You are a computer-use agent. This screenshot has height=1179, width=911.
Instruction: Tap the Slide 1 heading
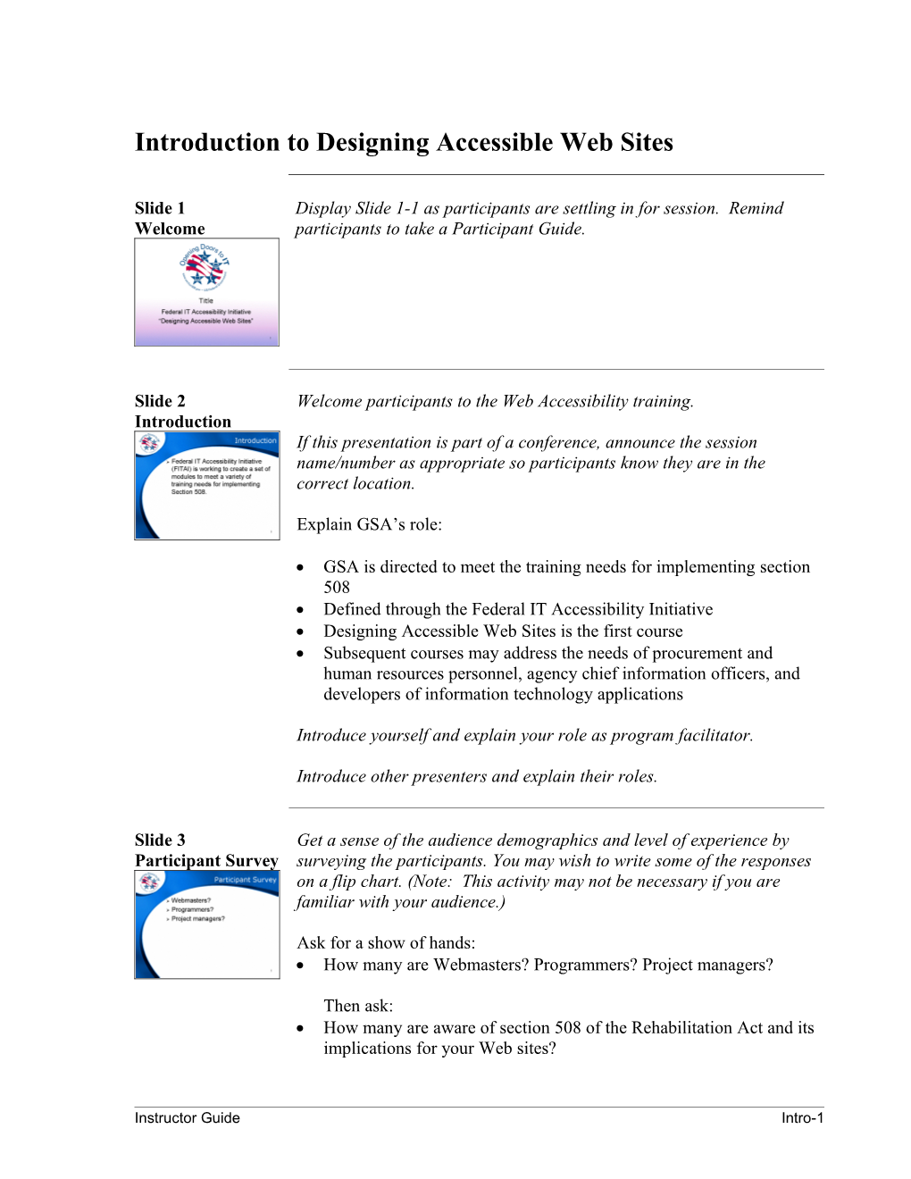160,208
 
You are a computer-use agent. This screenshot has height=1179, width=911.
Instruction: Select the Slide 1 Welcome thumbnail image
206,292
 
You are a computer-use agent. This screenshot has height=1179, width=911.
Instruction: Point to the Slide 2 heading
160,401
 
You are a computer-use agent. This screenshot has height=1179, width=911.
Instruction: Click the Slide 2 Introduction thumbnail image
206,485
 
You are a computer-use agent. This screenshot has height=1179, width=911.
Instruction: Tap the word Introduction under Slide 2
183,422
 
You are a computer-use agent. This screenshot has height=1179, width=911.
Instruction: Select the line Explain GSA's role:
369,524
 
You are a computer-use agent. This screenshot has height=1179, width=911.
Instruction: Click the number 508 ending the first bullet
337,588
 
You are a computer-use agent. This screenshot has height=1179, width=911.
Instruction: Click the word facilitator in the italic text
715,735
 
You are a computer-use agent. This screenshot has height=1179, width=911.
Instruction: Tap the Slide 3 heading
160,840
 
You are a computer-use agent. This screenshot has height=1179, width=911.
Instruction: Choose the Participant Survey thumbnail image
206,924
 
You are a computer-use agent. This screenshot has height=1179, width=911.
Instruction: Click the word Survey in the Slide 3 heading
251,860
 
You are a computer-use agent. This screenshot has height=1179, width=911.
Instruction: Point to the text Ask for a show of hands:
386,942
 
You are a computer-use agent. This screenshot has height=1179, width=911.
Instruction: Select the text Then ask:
358,1006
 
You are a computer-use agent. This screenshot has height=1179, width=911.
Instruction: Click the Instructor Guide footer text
187,1117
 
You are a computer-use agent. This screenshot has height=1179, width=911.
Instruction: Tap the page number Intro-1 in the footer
802,1117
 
